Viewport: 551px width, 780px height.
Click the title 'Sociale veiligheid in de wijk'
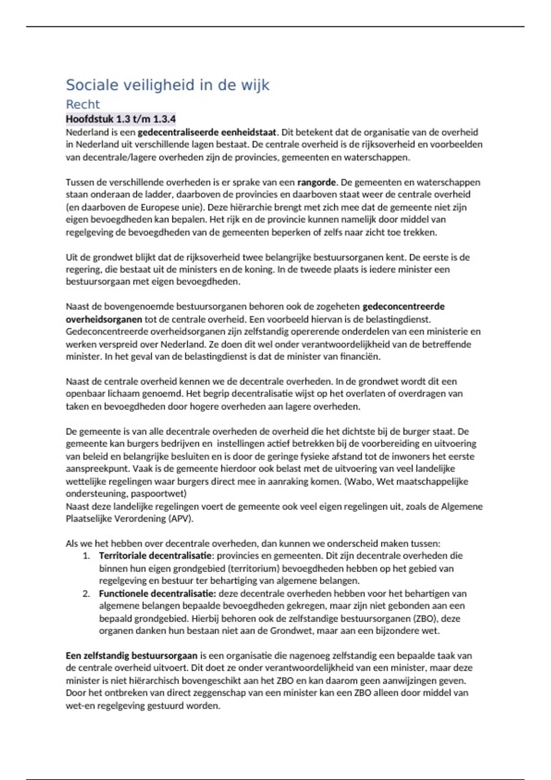point(168,85)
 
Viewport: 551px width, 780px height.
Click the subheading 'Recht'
point(83,105)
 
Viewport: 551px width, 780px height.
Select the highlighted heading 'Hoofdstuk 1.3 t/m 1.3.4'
point(121,119)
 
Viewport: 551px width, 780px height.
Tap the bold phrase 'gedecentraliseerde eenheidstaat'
point(207,132)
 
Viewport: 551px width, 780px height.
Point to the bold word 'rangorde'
point(316,182)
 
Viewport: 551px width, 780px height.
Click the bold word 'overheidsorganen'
point(104,319)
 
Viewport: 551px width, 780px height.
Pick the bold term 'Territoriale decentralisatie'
point(155,556)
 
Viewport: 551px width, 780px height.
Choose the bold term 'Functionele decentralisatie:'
point(157,593)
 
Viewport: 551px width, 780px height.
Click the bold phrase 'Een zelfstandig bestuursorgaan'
point(131,656)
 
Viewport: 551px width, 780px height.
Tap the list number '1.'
point(86,556)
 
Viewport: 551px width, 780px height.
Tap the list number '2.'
point(86,593)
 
